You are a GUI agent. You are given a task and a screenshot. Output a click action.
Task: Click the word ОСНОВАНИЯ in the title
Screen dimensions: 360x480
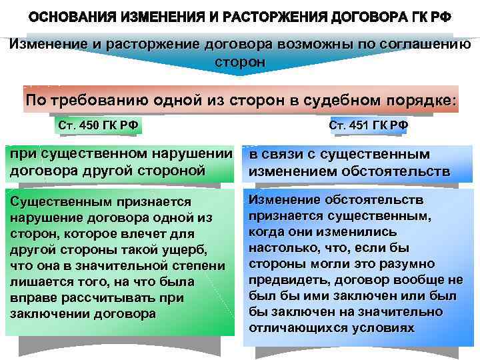[73, 17]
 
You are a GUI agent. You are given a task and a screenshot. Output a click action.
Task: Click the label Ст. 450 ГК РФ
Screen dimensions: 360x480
[100, 125]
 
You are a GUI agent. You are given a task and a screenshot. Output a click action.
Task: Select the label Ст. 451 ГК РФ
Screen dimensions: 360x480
[369, 125]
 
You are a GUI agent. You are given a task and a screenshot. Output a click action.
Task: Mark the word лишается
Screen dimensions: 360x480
[37, 281]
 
